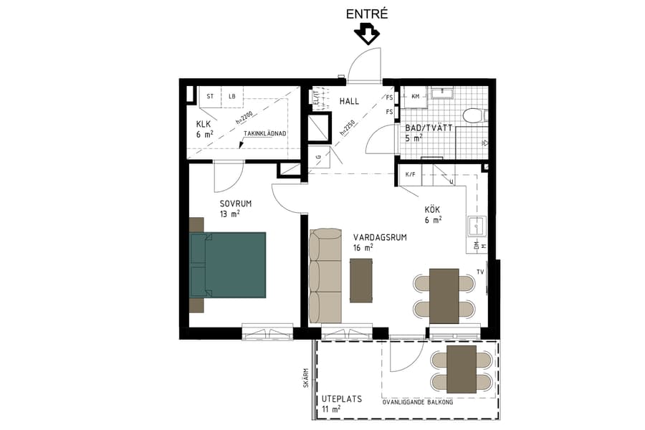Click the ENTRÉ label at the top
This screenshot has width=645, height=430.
tap(366, 13)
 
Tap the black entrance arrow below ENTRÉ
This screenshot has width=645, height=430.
tap(367, 34)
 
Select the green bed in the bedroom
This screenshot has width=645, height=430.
tap(229, 264)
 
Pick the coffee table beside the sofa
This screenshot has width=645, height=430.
tap(361, 280)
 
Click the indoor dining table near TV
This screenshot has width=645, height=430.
tap(444, 296)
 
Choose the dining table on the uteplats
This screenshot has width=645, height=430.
tap(461, 370)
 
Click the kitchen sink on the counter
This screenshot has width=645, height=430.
tap(477, 226)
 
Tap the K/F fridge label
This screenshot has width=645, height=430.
tap(411, 174)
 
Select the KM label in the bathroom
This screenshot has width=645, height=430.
tap(415, 95)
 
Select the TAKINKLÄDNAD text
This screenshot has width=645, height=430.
tap(265, 134)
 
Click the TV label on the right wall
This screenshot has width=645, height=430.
tap(480, 272)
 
